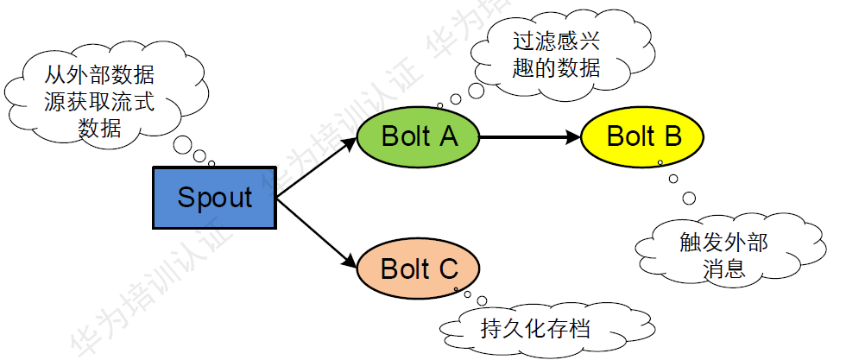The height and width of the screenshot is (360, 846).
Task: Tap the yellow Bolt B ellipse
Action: pyautogui.click(x=644, y=136)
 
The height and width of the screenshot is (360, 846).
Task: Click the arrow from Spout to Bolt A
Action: pyautogui.click(x=315, y=168)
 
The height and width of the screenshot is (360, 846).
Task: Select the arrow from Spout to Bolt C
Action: pyautogui.click(x=315, y=231)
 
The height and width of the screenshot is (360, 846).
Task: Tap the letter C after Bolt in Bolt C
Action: pyautogui.click(x=446, y=268)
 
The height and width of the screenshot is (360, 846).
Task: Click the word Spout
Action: pyautogui.click(x=214, y=198)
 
